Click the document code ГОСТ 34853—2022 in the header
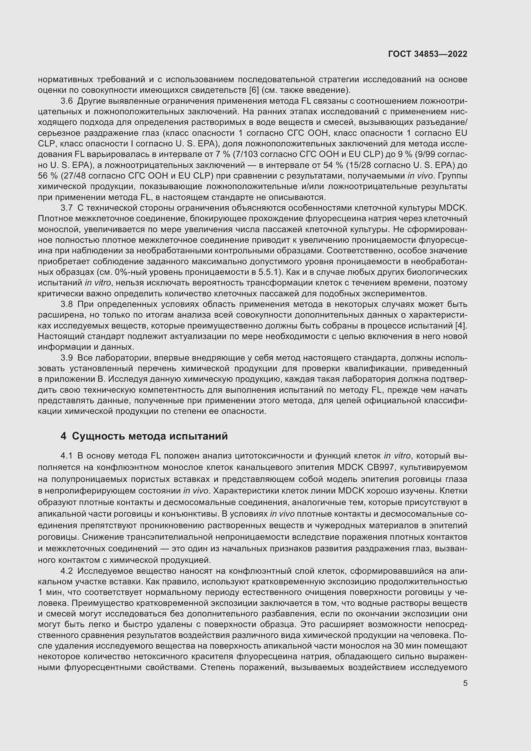428,54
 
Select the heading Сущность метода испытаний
150,436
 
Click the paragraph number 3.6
66,101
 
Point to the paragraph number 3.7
66,208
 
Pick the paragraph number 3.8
66,304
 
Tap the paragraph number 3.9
66,358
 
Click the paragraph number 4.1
66,456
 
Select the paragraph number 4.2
66,571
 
